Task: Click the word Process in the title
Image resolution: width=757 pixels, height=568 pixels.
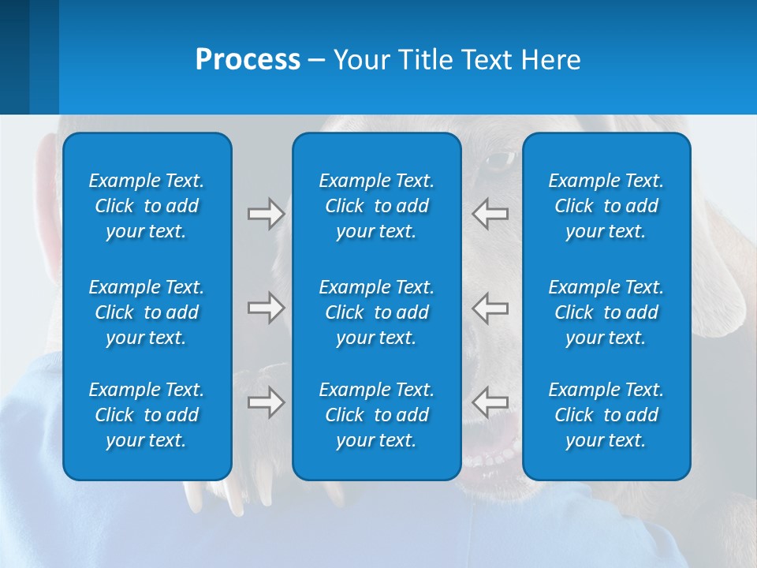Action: (x=248, y=60)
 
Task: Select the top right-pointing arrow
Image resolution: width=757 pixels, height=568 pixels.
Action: (x=266, y=214)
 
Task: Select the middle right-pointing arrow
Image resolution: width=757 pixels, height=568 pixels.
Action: (x=266, y=308)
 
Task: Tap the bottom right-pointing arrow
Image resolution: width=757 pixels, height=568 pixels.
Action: (x=266, y=402)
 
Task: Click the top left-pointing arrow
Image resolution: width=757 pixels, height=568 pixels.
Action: (x=490, y=214)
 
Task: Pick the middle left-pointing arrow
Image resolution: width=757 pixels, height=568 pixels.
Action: (x=490, y=308)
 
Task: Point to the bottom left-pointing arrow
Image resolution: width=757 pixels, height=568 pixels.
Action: (x=490, y=402)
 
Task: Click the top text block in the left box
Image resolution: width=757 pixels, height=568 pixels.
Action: (x=147, y=206)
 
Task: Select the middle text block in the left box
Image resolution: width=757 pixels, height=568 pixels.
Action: (x=147, y=312)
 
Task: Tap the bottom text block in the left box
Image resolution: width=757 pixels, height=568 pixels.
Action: (x=147, y=415)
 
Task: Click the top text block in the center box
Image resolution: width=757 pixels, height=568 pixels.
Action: (x=376, y=206)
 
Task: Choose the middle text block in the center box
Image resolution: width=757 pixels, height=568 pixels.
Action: (x=376, y=312)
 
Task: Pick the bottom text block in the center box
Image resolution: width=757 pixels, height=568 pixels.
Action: (x=376, y=415)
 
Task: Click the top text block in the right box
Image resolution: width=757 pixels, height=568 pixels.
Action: (x=606, y=206)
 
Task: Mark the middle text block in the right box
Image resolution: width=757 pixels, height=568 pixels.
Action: (x=606, y=312)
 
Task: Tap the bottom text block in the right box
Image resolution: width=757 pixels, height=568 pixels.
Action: (x=606, y=415)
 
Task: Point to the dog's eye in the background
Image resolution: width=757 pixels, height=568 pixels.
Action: (x=498, y=160)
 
